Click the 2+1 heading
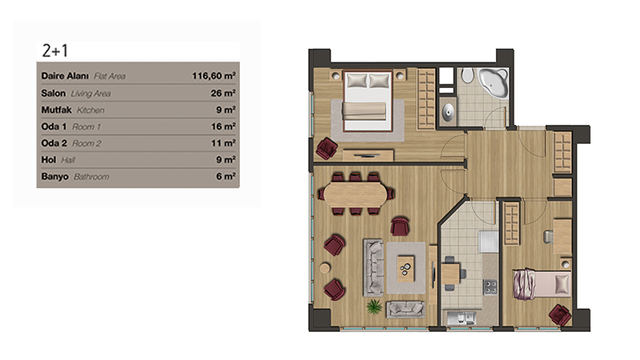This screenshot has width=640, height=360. click(54, 51)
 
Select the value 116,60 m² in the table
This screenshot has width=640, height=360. click(214, 76)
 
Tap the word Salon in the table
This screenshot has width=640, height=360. click(53, 93)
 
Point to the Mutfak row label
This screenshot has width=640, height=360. click(56, 110)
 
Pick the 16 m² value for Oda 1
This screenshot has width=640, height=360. click(223, 126)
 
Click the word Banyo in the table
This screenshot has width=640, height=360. click(54, 177)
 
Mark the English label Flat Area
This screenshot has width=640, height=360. click(110, 76)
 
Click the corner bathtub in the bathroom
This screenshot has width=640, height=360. click(494, 83)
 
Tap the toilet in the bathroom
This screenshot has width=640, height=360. click(467, 76)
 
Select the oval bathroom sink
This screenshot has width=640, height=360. click(448, 110)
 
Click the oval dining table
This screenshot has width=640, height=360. click(355, 194)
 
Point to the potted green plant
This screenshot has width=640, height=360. click(374, 306)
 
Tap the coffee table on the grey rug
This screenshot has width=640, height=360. click(406, 268)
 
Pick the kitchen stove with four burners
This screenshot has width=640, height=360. click(490, 286)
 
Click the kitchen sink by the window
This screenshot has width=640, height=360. click(462, 318)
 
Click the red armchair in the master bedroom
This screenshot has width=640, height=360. click(326, 148)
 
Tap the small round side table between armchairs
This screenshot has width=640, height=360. click(325, 268)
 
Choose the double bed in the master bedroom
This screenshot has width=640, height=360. click(368, 102)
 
